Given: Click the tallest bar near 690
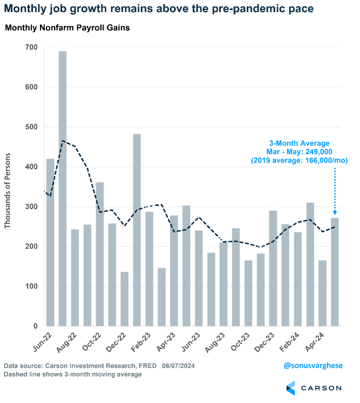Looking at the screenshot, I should pyautogui.click(x=63, y=188).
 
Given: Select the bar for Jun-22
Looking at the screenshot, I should pyautogui.click(x=50, y=242).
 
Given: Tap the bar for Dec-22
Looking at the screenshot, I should pyautogui.click(x=125, y=299).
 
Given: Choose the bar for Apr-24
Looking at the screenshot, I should pyautogui.click(x=322, y=293).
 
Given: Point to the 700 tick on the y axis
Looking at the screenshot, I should pyautogui.click(x=31, y=47).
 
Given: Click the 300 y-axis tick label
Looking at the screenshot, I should pyautogui.click(x=31, y=207).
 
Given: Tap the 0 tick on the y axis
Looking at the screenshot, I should pyautogui.click(x=35, y=326).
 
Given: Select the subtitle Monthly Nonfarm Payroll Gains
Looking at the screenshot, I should pyautogui.click(x=67, y=28).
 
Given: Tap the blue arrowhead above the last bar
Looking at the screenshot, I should pyautogui.click(x=335, y=213).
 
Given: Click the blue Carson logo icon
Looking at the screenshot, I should pyautogui.click(x=290, y=388).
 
